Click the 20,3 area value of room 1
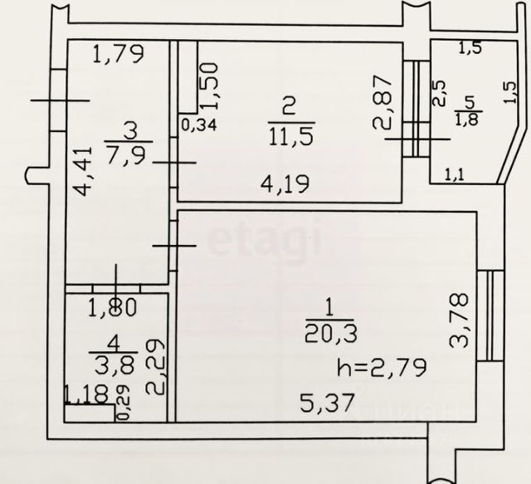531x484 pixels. click(x=329, y=331)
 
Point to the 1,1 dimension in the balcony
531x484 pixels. click(x=454, y=174)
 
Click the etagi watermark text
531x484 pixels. click(x=263, y=241)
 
